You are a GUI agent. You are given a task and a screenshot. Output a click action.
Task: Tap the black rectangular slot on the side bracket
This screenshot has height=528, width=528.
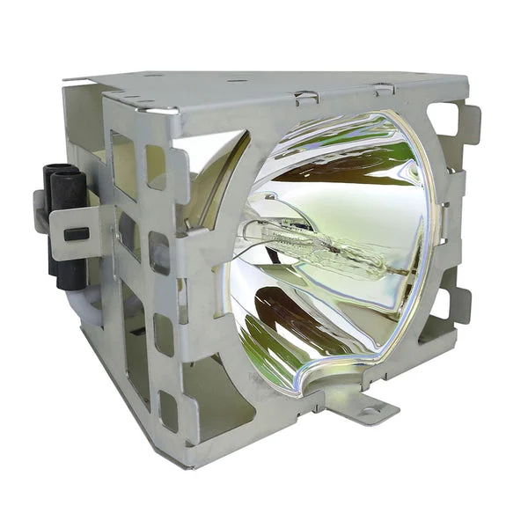[x=77, y=234]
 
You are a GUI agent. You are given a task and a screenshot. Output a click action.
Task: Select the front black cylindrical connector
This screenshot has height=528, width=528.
[x=70, y=224]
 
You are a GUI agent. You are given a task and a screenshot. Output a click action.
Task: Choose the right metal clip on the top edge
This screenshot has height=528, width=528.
[x=384, y=90]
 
